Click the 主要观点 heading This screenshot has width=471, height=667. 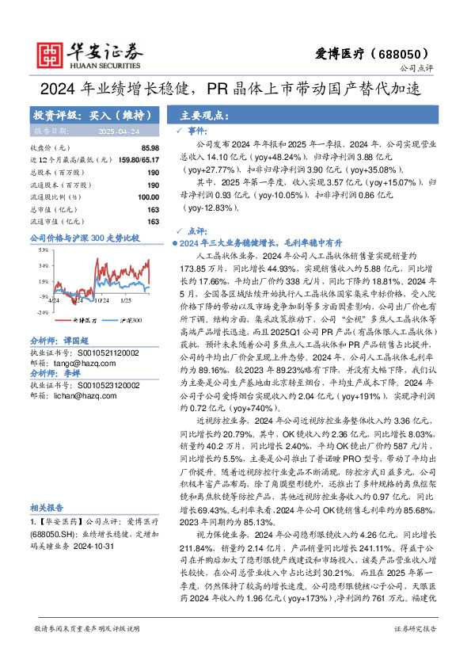pos(202,114)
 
